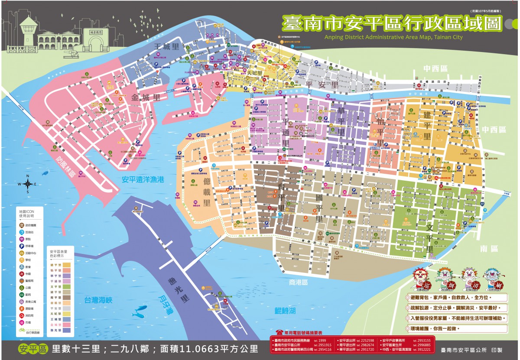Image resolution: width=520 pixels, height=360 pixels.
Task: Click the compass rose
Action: coord(28,184)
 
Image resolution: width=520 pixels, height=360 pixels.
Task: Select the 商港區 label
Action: coord(298,282)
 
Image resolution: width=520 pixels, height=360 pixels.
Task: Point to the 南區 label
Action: coord(489,249)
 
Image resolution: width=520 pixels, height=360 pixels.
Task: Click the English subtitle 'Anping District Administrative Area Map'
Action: coord(393,37)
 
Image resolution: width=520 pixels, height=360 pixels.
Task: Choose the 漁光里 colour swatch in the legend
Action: coord(67,330)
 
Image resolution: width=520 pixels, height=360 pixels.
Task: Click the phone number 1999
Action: coord(322,340)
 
